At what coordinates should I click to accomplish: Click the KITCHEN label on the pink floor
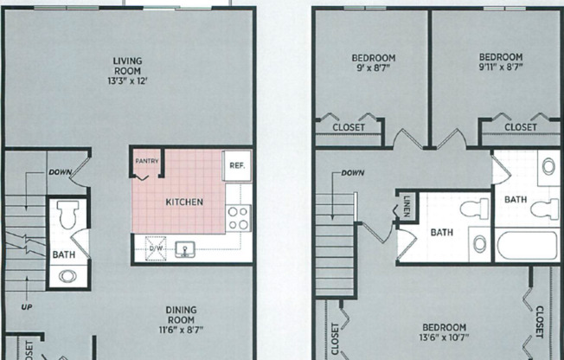pyautogui.click(x=184, y=202)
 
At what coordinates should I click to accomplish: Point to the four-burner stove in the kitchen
pyautogui.click(x=238, y=218)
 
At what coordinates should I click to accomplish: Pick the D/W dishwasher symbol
pyautogui.click(x=156, y=248)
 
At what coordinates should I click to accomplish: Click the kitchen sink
pyautogui.click(x=184, y=249)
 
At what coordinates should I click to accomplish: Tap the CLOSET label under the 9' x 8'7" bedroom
pyautogui.click(x=349, y=127)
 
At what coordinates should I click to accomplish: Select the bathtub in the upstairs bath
pyautogui.click(x=526, y=244)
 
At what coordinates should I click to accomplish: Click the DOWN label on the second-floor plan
pyautogui.click(x=352, y=173)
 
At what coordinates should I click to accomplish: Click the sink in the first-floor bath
pyautogui.click(x=68, y=277)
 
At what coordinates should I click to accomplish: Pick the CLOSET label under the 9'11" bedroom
pyautogui.click(x=521, y=127)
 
